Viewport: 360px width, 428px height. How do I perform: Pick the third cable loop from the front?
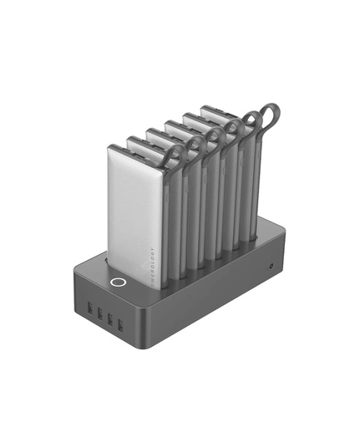212,135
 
